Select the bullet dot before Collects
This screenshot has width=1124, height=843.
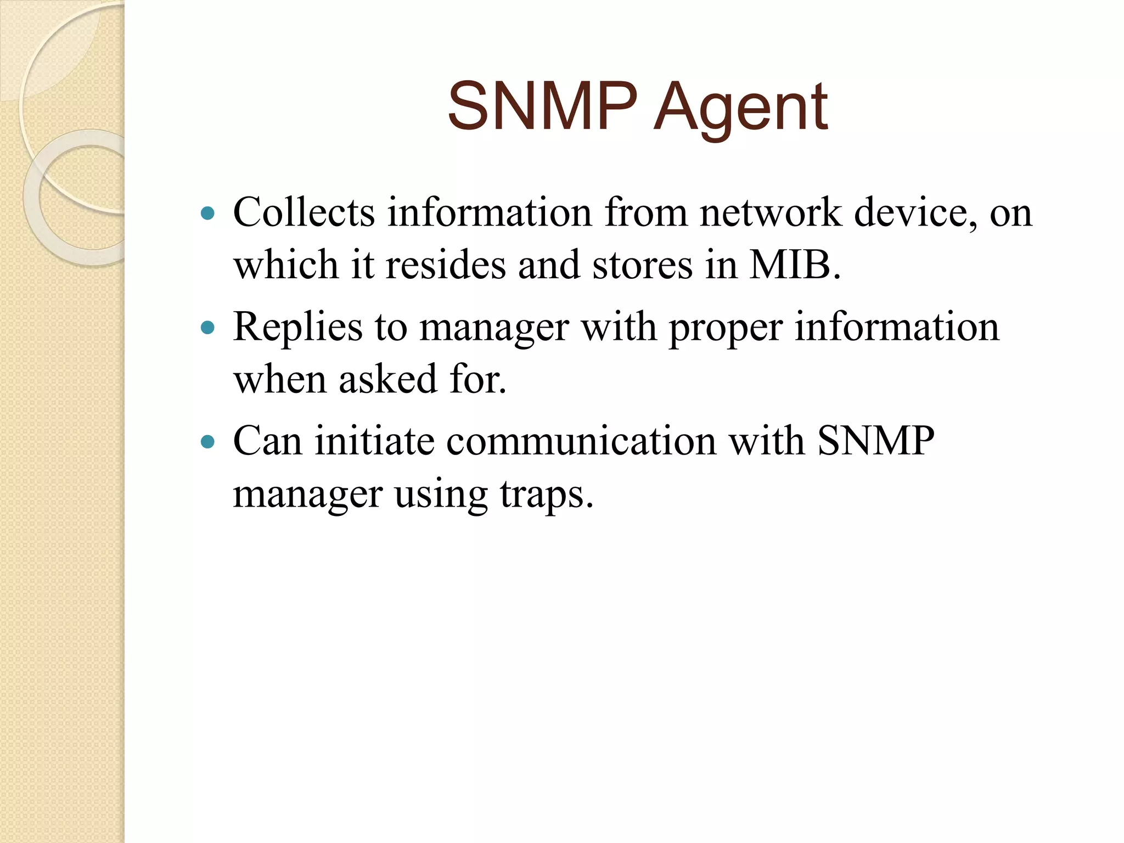click(207, 213)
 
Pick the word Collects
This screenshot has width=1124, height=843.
click(304, 212)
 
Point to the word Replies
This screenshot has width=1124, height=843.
click(297, 327)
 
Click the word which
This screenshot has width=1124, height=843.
click(285, 265)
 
